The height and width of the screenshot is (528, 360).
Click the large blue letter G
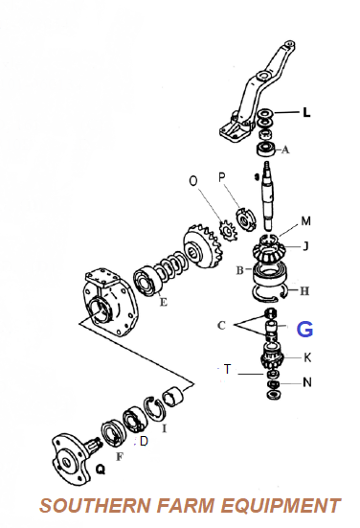(304, 329)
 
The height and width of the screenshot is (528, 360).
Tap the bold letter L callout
(306, 112)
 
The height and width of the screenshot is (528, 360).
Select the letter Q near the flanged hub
(101, 469)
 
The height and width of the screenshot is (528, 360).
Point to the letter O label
(193, 181)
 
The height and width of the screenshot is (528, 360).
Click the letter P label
(221, 177)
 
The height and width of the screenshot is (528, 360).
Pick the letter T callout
(228, 369)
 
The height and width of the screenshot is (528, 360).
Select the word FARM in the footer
(186, 505)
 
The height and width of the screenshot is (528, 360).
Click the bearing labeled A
(266, 149)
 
